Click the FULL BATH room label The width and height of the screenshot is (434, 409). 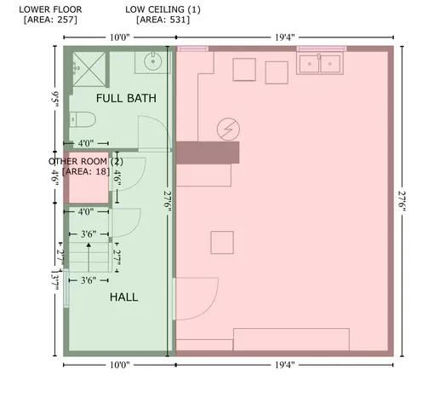(x=126, y=99)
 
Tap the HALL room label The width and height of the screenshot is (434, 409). (x=124, y=297)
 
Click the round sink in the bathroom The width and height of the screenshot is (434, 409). (x=153, y=61)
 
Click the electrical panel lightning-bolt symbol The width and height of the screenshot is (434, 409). (x=228, y=128)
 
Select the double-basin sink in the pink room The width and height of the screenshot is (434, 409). (x=321, y=62)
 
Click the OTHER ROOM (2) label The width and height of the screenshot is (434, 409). (x=85, y=161)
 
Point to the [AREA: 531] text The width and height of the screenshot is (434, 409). (x=163, y=20)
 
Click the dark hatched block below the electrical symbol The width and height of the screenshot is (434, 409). (x=208, y=153)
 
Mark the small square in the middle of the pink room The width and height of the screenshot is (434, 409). (x=222, y=242)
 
